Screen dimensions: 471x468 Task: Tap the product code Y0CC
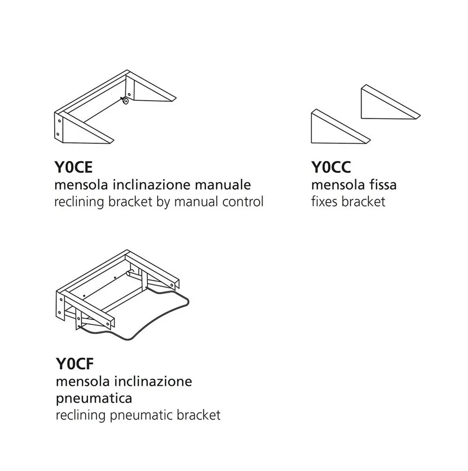(331, 168)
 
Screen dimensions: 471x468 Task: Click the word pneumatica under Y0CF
(94, 398)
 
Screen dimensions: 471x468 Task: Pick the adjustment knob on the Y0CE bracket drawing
(125, 100)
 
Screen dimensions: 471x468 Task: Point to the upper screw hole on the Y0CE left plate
(59, 120)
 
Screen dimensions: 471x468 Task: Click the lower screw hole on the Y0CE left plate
(58, 134)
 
